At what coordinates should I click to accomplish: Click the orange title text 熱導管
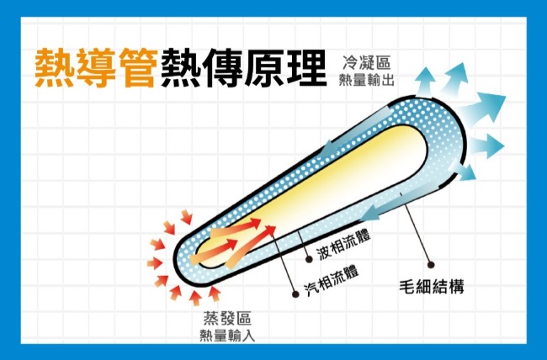[94, 67]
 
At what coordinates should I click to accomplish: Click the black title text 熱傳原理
[244, 67]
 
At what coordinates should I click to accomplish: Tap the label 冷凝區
[367, 63]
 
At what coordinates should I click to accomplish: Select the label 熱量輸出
[366, 80]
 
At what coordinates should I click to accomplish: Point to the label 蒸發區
[227, 319]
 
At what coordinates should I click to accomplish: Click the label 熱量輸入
[227, 336]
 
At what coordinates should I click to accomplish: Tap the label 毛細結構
[432, 288]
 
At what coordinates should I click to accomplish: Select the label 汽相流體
[331, 279]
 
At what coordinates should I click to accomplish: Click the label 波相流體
[343, 245]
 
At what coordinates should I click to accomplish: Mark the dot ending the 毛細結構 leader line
[431, 265]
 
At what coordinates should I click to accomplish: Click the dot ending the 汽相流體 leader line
[295, 294]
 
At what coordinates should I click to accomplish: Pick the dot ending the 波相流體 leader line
[309, 259]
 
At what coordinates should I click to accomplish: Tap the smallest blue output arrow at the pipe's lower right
[464, 171]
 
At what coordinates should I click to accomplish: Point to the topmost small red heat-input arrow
[187, 217]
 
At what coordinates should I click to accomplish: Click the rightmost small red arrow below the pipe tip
[214, 294]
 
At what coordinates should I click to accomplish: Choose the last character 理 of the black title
[307, 67]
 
